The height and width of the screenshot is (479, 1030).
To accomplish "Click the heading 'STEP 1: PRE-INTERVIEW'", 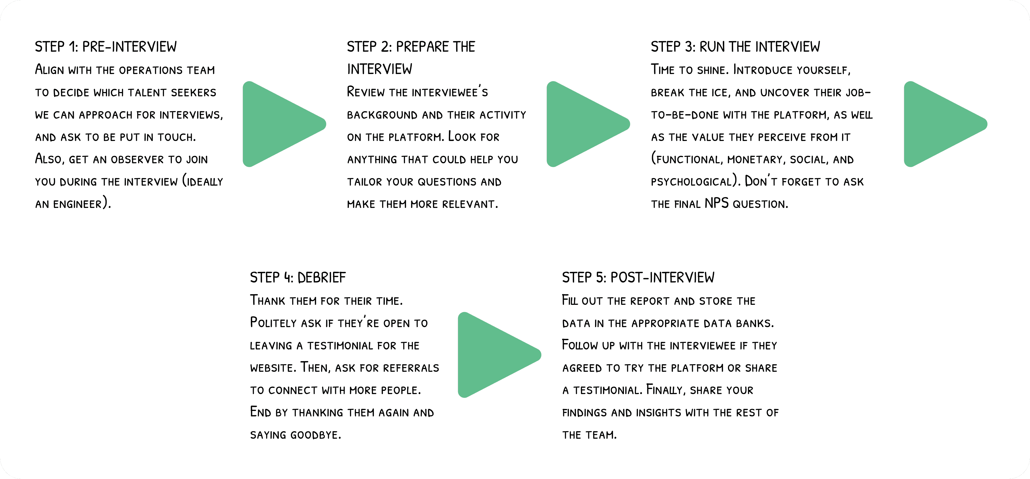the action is [x=106, y=47].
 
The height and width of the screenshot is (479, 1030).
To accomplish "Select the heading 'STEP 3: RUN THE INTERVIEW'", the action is [x=735, y=47].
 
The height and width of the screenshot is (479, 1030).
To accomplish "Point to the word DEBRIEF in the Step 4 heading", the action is [x=322, y=277].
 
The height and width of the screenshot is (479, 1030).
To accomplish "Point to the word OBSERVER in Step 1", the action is [x=137, y=160].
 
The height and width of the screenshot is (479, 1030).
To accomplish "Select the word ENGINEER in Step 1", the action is [x=77, y=205].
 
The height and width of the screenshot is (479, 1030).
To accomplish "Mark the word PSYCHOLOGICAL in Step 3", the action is [x=691, y=182].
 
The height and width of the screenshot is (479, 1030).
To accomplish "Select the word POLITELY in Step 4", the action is [x=273, y=323].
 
